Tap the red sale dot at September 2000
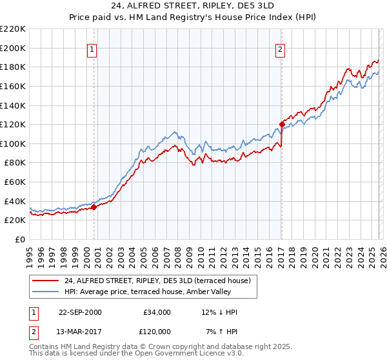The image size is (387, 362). [x=94, y=207]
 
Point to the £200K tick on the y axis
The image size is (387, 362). [x=14, y=48]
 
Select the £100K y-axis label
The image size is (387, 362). [x=14, y=144]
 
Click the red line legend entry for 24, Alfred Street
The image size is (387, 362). [x=161, y=281]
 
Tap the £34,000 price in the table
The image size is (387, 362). [x=156, y=312]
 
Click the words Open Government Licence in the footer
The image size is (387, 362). [x=184, y=355]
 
